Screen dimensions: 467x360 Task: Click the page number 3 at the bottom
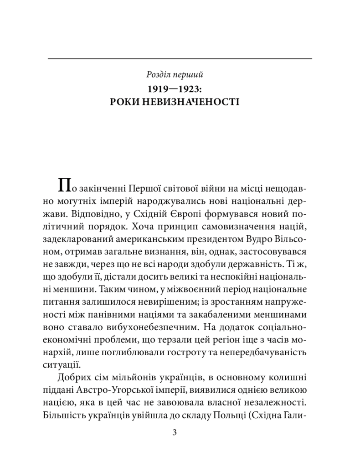click(x=180, y=432)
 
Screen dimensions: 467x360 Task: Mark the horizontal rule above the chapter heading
click(x=180, y=58)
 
